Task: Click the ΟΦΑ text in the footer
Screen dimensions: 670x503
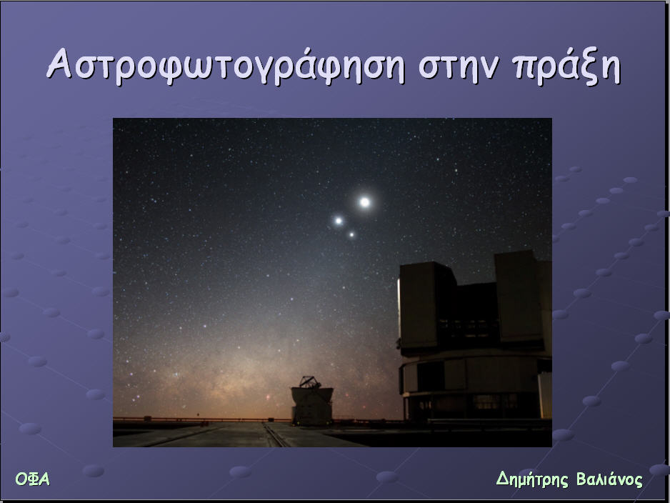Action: coord(32,479)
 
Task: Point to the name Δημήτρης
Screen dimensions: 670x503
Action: coord(532,479)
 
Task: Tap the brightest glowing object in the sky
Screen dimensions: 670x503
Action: coord(364,201)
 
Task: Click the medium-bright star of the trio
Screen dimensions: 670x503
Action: coord(339,221)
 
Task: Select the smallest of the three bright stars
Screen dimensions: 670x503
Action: coord(351,234)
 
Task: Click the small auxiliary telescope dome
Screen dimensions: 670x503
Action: coord(312,402)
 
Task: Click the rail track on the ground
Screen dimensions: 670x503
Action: coord(276,434)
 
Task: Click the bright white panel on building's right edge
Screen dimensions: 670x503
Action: coord(545,396)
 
